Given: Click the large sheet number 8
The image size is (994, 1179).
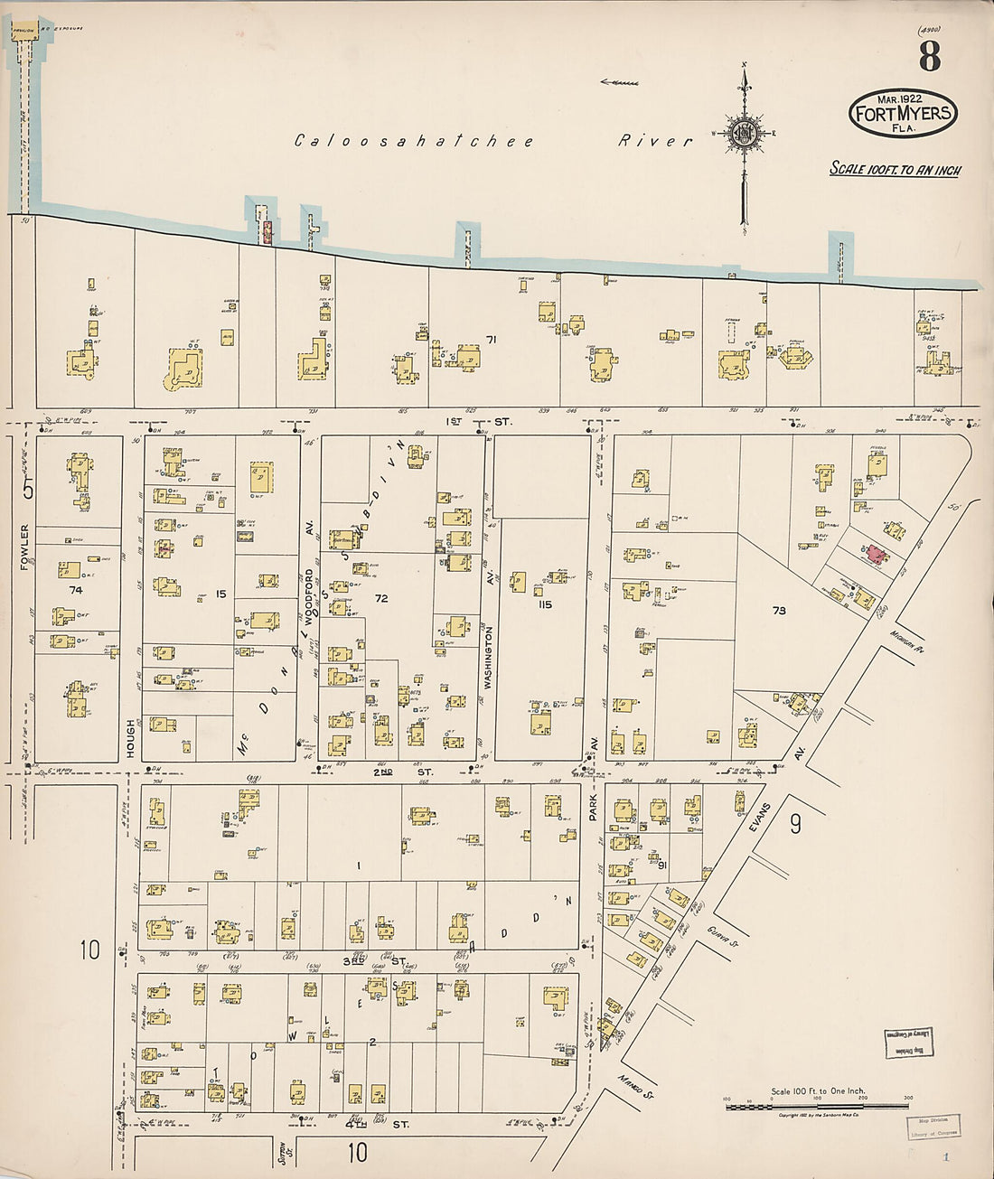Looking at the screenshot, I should click(x=929, y=56).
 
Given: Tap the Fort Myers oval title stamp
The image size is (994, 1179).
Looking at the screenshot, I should click(x=902, y=114).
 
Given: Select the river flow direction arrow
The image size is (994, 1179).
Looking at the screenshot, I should click(x=619, y=82).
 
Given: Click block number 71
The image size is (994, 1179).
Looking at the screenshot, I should click(x=492, y=341).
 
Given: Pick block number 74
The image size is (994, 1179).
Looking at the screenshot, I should click(x=75, y=589).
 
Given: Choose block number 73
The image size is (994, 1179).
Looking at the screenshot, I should click(x=779, y=611).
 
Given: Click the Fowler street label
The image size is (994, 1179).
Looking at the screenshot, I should click(x=25, y=547).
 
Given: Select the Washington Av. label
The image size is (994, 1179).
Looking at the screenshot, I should click(x=487, y=659).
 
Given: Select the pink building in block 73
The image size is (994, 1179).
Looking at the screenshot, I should click(x=874, y=554).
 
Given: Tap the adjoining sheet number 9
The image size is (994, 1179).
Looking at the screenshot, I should click(x=795, y=825).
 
